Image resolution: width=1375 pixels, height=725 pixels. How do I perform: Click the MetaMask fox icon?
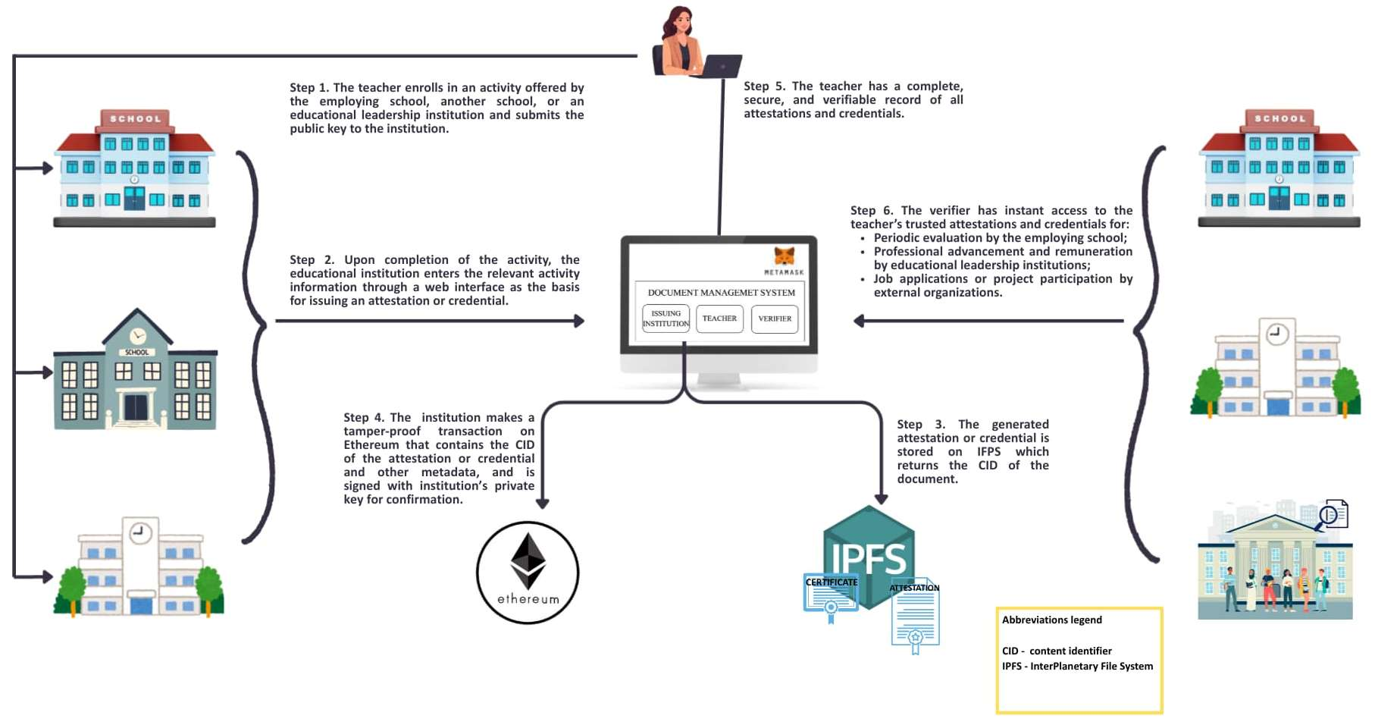784,256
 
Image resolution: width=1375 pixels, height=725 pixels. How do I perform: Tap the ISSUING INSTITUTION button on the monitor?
666,319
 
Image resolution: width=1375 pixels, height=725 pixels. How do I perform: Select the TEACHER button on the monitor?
719,319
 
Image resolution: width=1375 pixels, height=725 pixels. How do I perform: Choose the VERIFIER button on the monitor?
775,319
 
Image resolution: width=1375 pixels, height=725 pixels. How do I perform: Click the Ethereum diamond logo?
528,561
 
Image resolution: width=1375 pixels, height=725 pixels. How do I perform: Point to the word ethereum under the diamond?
528,599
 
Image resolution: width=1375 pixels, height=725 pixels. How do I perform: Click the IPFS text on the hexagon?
869,560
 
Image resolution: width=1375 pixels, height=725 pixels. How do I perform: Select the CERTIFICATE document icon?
831,596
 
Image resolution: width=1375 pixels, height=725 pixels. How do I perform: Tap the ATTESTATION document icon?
916,617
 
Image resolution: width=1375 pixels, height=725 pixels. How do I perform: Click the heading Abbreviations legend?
1052,620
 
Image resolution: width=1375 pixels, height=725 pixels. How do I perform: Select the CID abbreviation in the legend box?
1010,651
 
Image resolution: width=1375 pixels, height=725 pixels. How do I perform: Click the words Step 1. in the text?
309,88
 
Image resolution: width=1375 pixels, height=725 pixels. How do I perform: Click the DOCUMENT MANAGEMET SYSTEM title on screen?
721,293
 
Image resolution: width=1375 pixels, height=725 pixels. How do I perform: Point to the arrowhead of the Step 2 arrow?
580,321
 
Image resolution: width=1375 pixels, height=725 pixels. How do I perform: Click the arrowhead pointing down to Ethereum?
543,504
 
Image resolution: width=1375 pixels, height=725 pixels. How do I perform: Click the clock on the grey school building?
137,336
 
